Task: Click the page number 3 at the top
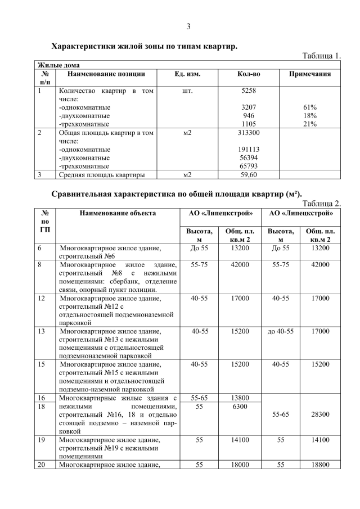click(x=188, y=26)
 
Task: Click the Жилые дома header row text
click(x=58, y=65)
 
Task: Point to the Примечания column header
click(x=310, y=74)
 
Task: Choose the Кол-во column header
click(x=249, y=74)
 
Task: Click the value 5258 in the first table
click(x=249, y=90)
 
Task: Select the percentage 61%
click(x=310, y=107)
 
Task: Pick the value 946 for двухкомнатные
click(x=249, y=115)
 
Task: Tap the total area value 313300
click(x=249, y=133)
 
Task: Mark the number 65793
click(x=249, y=166)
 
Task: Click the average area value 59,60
click(x=249, y=175)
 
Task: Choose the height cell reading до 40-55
click(x=281, y=331)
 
